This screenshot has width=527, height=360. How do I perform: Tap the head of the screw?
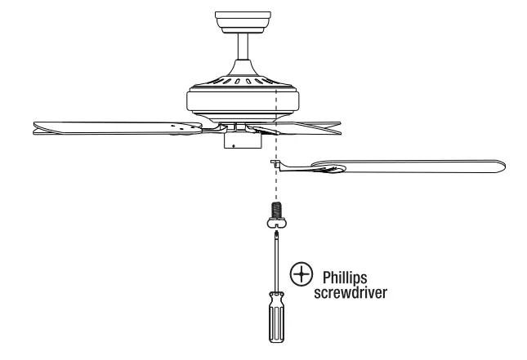coord(275,224)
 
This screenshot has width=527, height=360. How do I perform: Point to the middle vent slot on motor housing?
coord(242,82)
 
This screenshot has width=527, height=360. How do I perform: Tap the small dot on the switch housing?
coord(234,145)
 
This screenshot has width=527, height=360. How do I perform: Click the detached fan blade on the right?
coord(425,167)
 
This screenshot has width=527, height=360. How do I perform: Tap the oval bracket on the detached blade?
coord(332,170)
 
